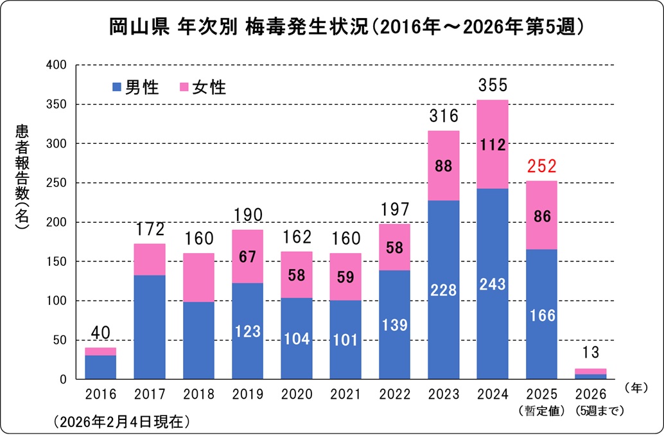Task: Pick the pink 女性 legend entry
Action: coord(203,87)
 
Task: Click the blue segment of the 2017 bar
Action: coord(150,328)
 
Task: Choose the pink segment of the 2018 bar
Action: coord(198,277)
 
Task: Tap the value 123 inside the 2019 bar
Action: coord(247,331)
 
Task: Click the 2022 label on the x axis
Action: coord(394,394)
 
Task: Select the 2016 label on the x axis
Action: coord(101,394)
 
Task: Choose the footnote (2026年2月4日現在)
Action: coord(118,423)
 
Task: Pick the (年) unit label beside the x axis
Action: coord(635,387)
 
